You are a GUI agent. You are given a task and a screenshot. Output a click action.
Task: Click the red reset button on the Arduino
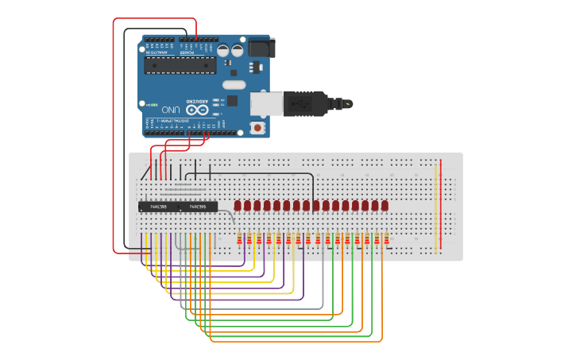[x=257, y=127]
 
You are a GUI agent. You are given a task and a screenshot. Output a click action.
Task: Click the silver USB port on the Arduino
[x=265, y=103]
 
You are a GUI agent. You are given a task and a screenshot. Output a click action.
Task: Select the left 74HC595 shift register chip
[x=159, y=207]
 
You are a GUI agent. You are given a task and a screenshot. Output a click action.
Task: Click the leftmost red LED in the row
[x=238, y=206]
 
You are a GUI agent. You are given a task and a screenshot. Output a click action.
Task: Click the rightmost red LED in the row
[x=385, y=206]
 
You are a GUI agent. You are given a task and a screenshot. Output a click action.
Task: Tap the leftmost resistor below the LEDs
[x=240, y=239]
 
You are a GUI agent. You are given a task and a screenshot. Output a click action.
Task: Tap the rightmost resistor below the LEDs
[x=386, y=239]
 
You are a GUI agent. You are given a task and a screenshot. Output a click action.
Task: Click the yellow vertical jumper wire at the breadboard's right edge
[x=435, y=207]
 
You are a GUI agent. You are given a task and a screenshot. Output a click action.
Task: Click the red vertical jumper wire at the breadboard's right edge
[x=441, y=207]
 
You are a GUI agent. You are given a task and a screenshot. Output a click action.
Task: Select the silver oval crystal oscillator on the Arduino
[x=234, y=84]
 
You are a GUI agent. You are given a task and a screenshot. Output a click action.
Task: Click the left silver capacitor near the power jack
[x=224, y=50]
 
